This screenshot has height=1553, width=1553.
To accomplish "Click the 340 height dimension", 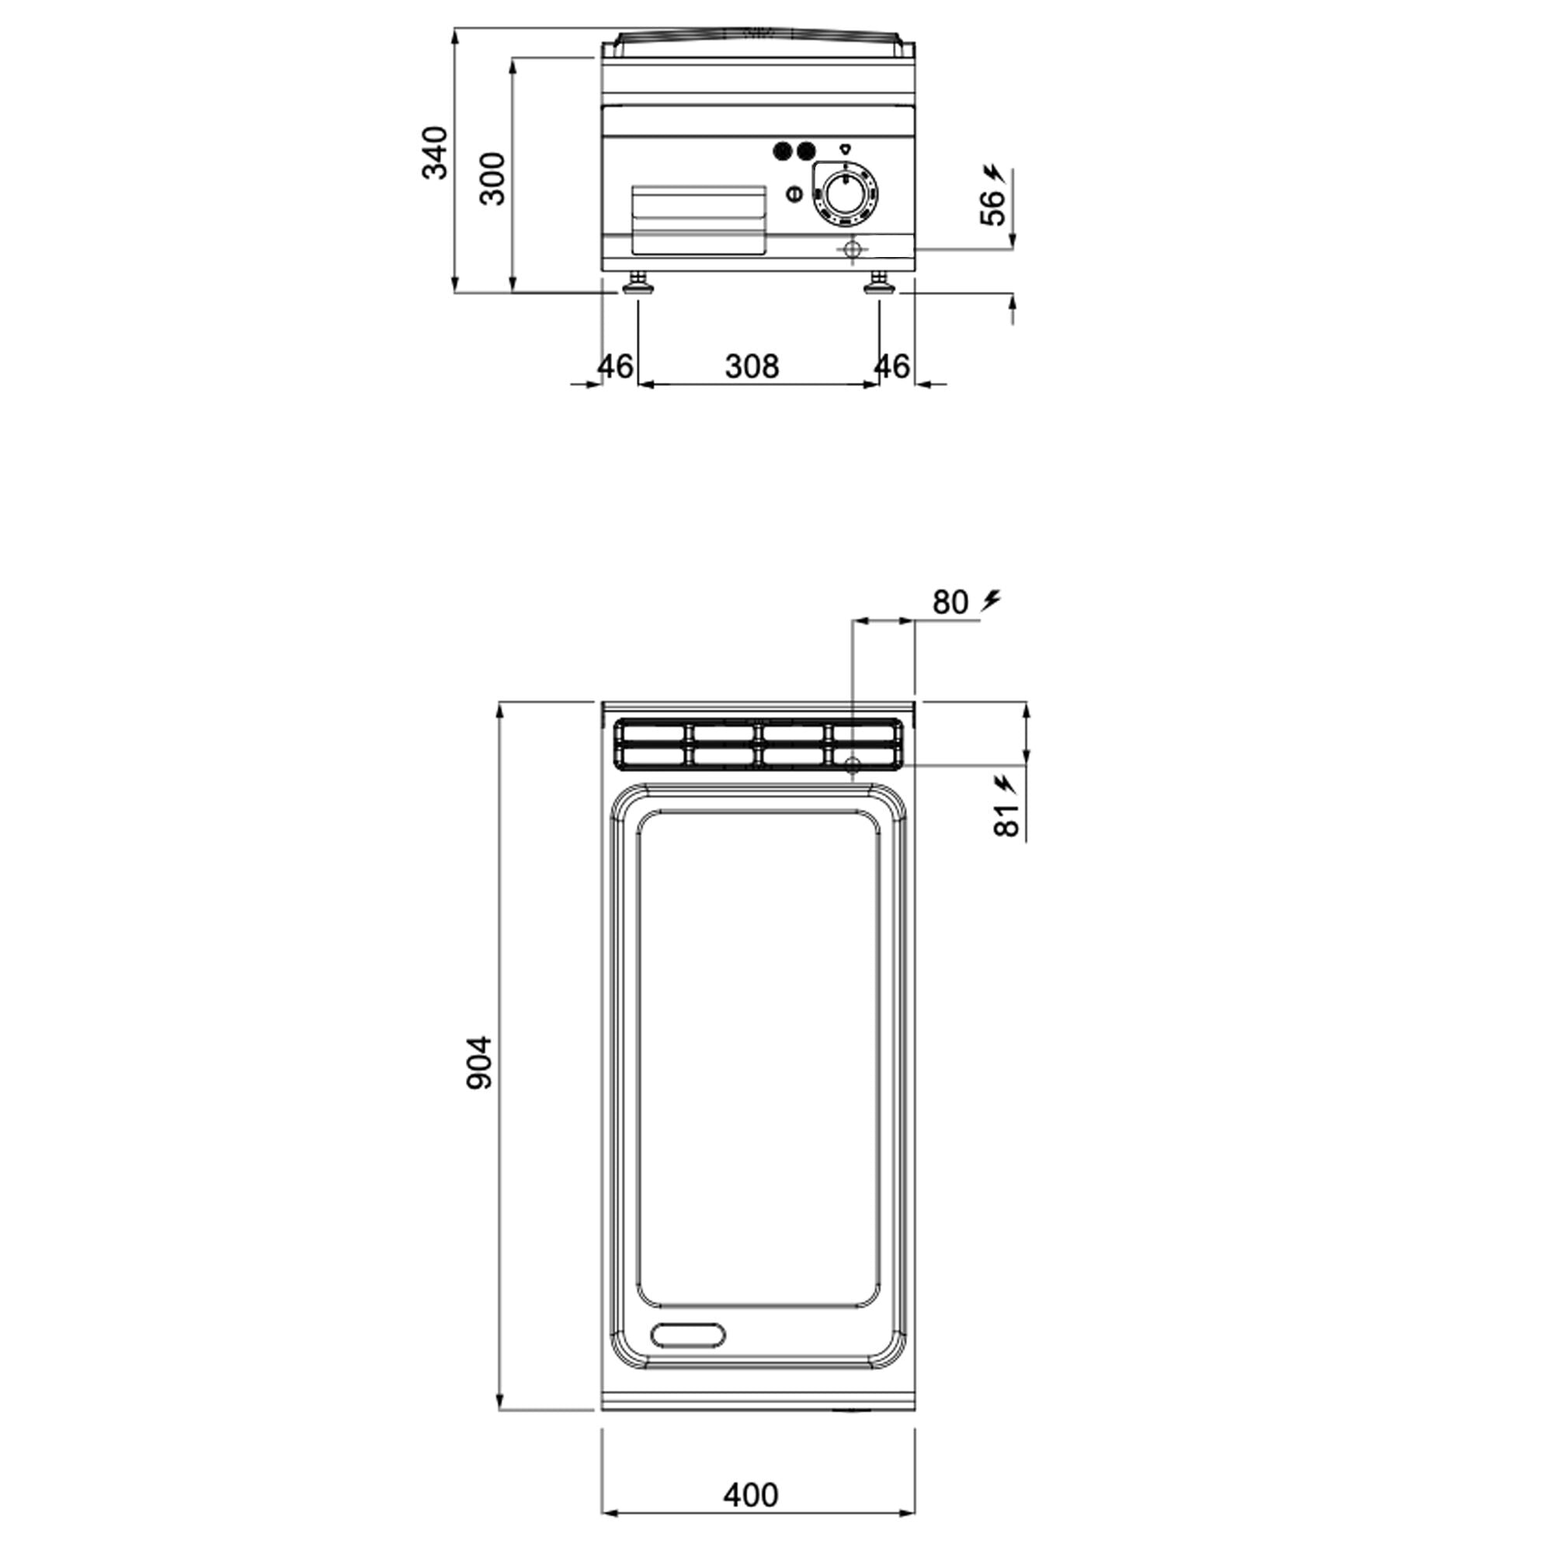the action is click(x=435, y=153).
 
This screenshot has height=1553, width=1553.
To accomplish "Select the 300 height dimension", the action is click(x=493, y=179).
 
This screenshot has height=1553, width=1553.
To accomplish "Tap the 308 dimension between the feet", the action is click(x=752, y=367).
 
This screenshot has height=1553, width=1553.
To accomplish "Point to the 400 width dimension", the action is click(x=751, y=1495).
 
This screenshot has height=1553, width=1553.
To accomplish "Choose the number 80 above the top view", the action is click(x=951, y=602).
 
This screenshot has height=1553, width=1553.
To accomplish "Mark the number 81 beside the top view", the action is click(x=1006, y=820).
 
